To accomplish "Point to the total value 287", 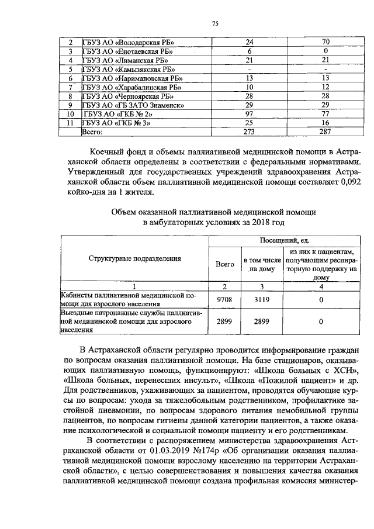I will (x=325, y=132).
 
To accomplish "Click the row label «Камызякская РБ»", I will (x=129, y=70).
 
